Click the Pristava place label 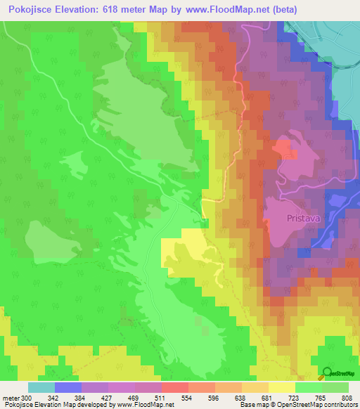(x=304, y=219)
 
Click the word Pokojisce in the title (x=31, y=10)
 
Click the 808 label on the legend (x=349, y=397)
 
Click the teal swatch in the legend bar (x=41, y=387)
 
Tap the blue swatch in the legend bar (x=68, y=387)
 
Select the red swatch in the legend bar (x=175, y=387)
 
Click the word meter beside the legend (x=10, y=397)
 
